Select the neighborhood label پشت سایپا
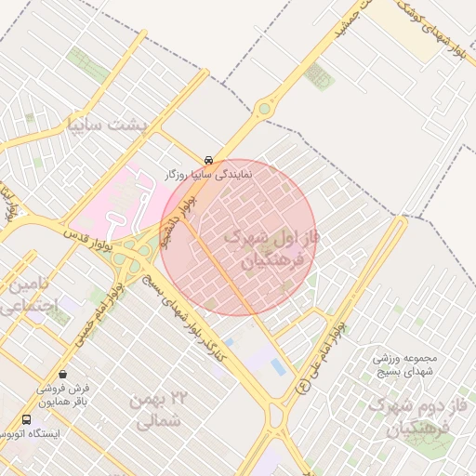(x=109, y=123)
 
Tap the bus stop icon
(x=25, y=419)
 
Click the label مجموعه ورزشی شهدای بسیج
(x=406, y=365)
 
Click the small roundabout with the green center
(x=265, y=109)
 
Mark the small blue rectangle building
(x=278, y=367)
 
